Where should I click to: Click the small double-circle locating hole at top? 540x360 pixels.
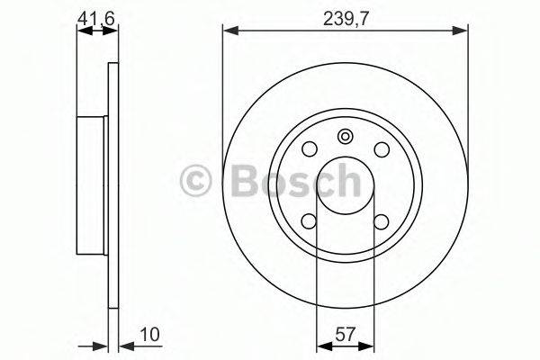click(x=345, y=137)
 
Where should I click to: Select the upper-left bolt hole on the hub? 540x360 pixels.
click(x=309, y=149)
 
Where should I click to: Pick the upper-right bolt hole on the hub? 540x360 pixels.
click(x=381, y=149)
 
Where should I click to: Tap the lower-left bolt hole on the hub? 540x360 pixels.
click(x=309, y=220)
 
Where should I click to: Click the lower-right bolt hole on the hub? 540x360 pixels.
click(x=381, y=220)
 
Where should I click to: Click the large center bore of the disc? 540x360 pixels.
click(x=345, y=184)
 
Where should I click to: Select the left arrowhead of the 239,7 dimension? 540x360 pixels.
click(x=228, y=31)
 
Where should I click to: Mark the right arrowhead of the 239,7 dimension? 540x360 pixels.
click(x=463, y=31)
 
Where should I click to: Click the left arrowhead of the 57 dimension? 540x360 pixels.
click(x=321, y=346)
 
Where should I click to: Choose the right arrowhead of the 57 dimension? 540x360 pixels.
click(x=368, y=346)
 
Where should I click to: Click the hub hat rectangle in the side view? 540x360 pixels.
click(x=93, y=184)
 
